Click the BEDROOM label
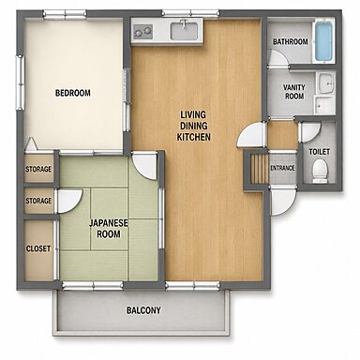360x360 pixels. click(73, 93)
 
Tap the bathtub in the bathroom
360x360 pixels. click(323, 41)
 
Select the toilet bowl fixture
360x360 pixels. click(320, 172)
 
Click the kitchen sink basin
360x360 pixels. click(184, 31)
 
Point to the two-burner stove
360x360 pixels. click(142, 31)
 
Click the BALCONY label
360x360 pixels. click(143, 310)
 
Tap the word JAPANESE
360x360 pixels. click(109, 223)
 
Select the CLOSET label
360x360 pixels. click(38, 248)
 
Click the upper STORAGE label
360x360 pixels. click(38, 170)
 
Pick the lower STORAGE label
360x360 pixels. click(38, 201)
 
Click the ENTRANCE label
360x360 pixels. click(282, 168)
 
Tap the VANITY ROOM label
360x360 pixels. click(294, 92)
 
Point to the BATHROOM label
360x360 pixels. click(291, 41)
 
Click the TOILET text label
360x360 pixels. click(320, 152)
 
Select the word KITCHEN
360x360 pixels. click(193, 137)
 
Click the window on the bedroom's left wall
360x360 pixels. click(20, 82)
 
